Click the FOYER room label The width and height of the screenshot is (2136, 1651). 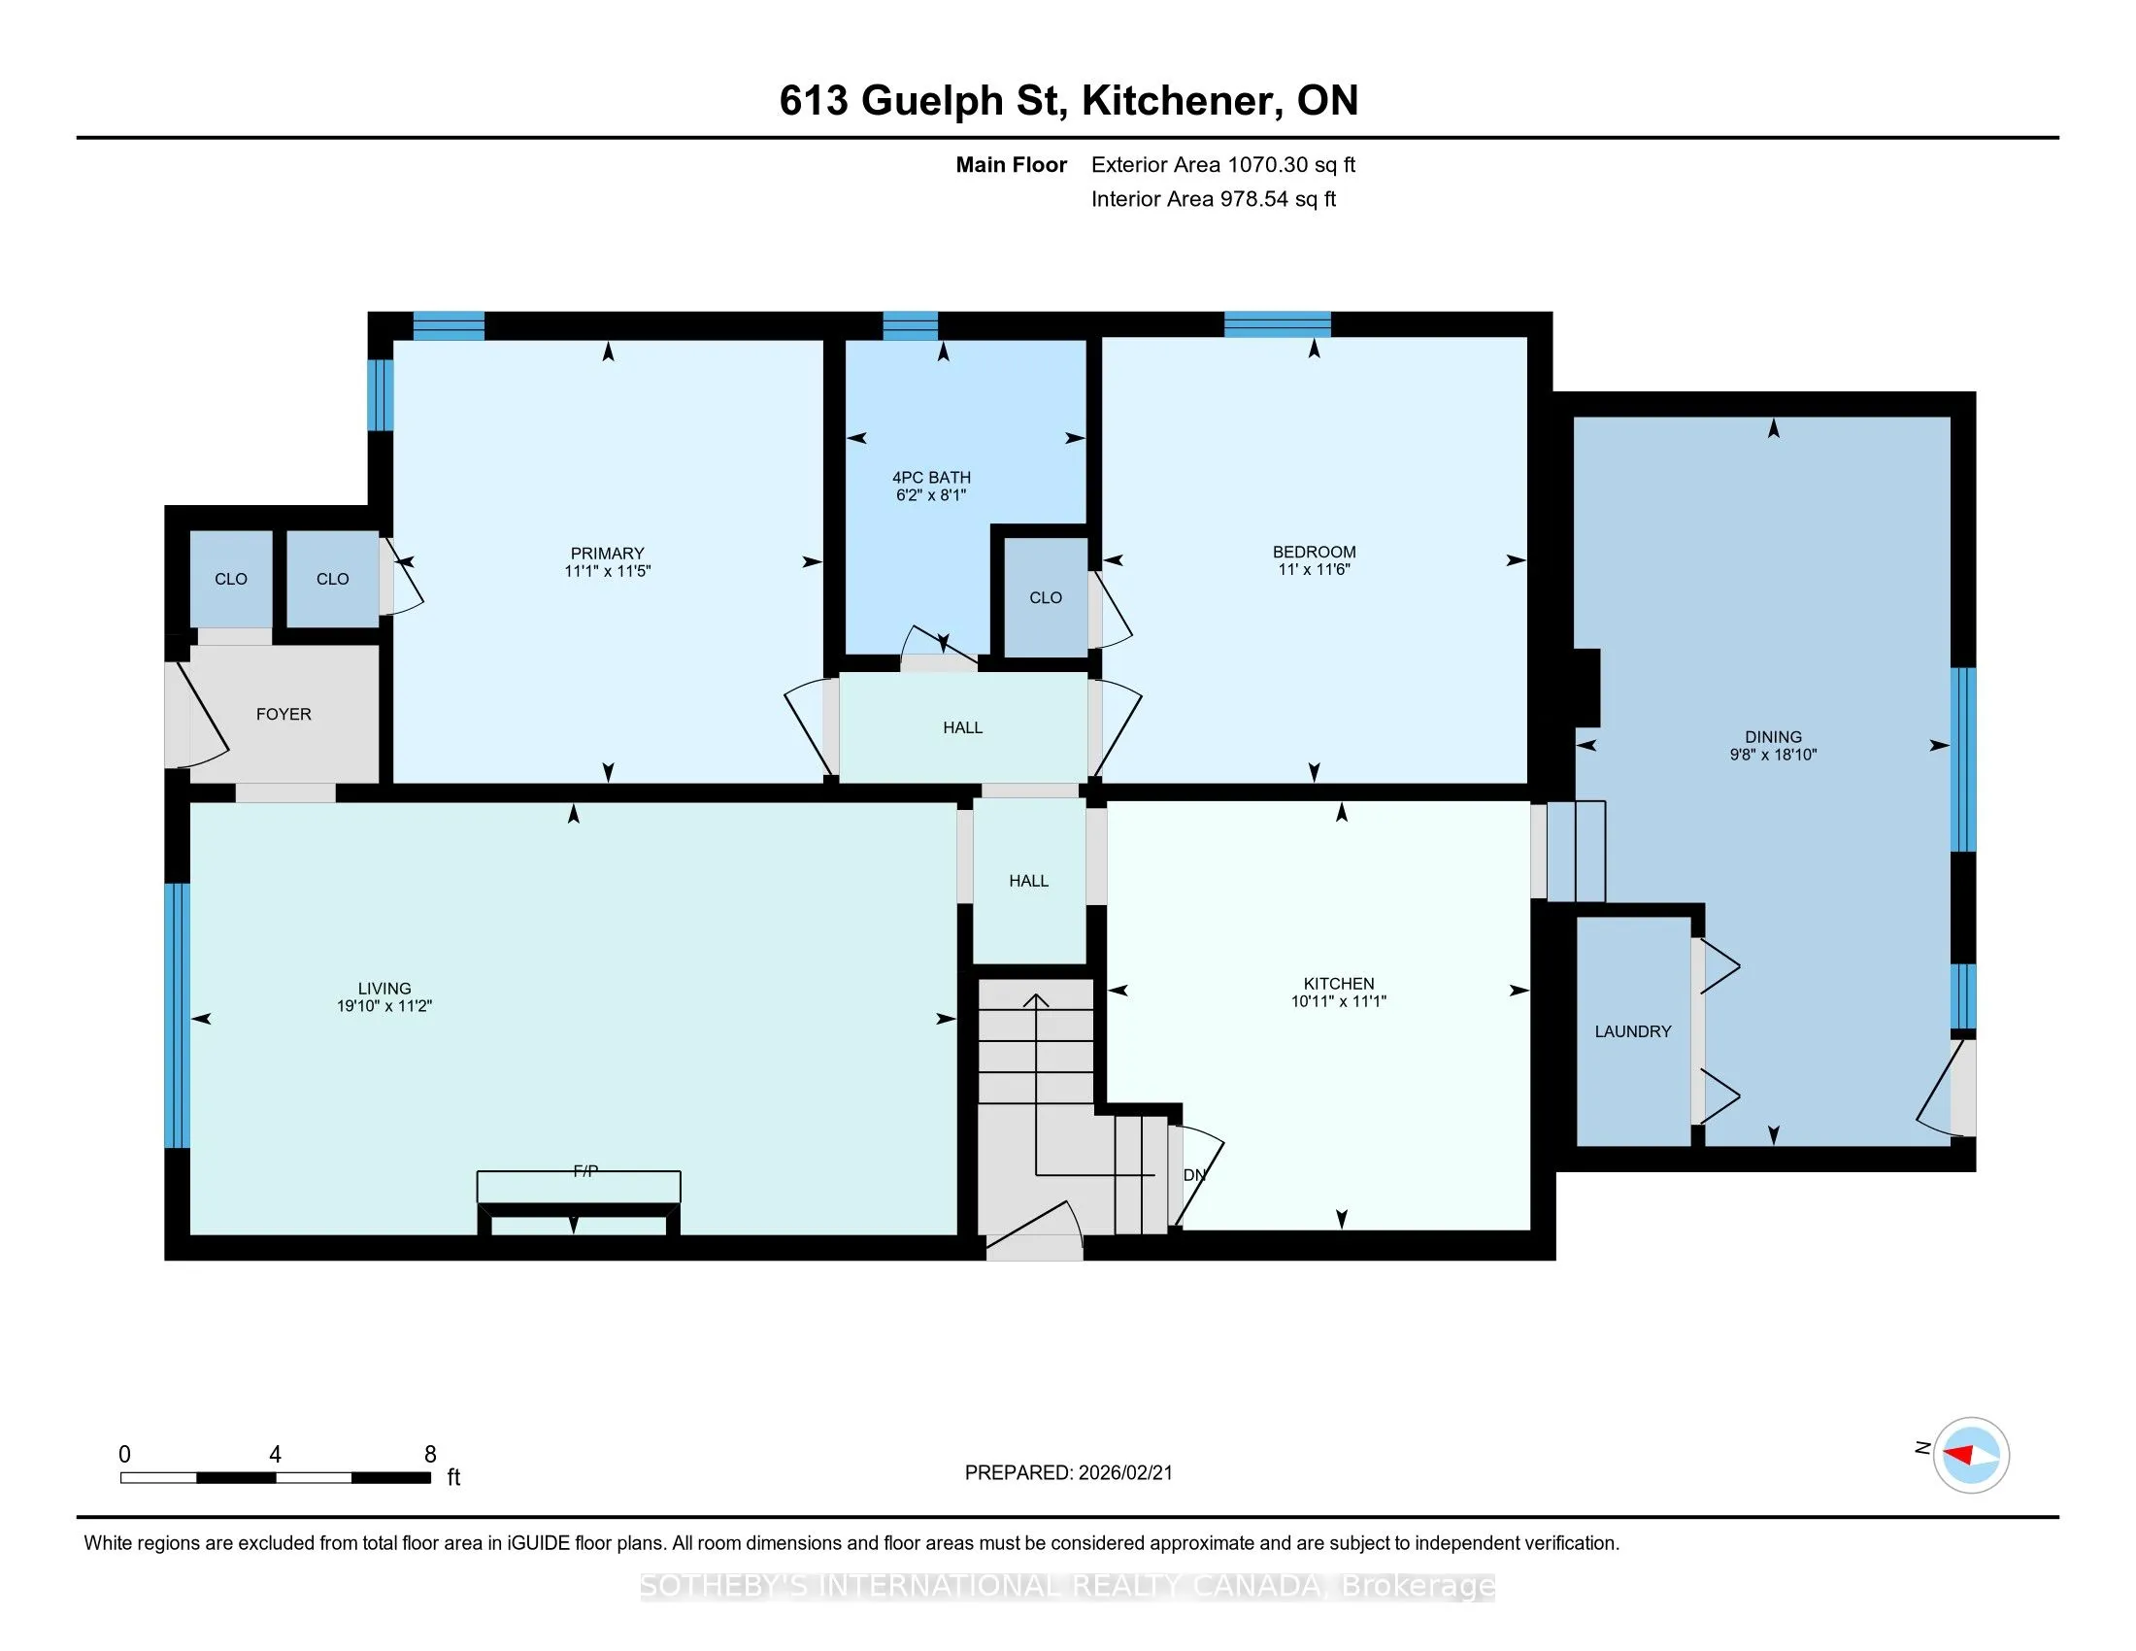tap(284, 715)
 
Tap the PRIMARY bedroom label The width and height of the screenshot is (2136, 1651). tap(608, 554)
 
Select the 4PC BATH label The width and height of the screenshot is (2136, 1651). tap(931, 477)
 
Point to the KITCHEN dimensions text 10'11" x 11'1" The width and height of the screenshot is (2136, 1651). tap(1339, 1001)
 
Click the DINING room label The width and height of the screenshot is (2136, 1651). tap(1773, 737)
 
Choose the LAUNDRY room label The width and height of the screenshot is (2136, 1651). tap(1633, 1031)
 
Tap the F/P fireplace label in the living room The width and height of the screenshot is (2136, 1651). tap(585, 1171)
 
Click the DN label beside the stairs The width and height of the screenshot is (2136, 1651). tap(1194, 1176)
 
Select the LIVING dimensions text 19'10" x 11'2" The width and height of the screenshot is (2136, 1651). tap(384, 1006)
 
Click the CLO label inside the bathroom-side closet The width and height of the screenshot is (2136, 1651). tap(1046, 597)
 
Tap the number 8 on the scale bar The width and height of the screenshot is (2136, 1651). tap(430, 1455)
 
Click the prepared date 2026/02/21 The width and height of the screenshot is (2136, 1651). tap(1124, 1473)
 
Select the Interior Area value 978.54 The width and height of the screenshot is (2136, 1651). tap(1253, 199)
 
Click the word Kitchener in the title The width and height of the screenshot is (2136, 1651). tap(1183, 101)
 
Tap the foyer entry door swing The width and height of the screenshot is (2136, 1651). tap(201, 714)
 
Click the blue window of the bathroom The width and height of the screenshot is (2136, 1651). tap(911, 325)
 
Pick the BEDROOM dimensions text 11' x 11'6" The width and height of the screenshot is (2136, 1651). tap(1315, 570)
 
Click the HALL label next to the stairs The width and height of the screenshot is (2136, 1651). tap(1029, 881)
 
